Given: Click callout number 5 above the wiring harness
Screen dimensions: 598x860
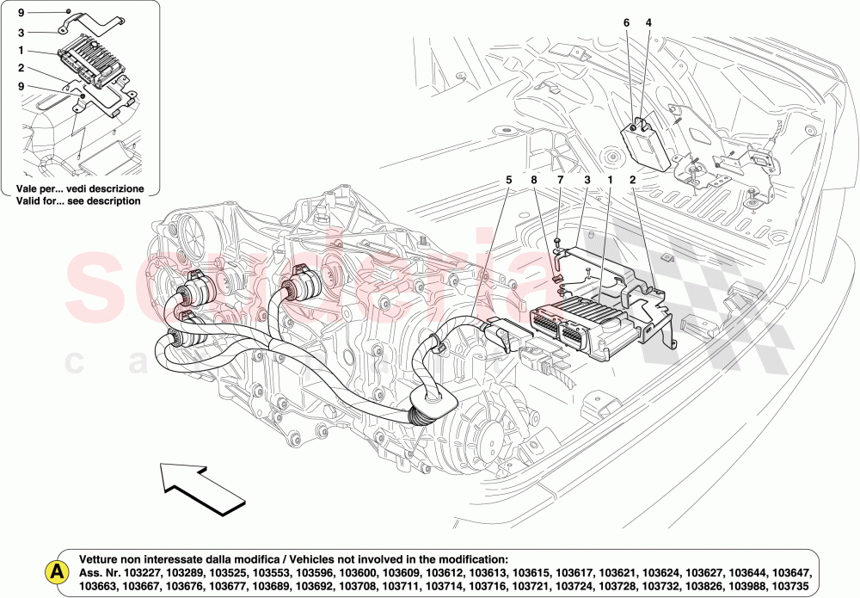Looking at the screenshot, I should [x=508, y=180].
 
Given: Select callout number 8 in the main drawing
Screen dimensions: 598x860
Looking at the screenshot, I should [x=533, y=180].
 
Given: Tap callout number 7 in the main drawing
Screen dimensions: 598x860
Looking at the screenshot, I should [x=559, y=180].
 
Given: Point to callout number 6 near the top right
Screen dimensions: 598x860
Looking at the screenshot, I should [x=626, y=22].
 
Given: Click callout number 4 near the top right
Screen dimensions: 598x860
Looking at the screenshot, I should [x=648, y=22].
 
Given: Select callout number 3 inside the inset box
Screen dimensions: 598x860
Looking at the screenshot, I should [x=21, y=33].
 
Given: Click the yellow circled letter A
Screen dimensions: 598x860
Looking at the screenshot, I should [x=57, y=571].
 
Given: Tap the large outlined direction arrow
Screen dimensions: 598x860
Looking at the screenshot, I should [x=199, y=489].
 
